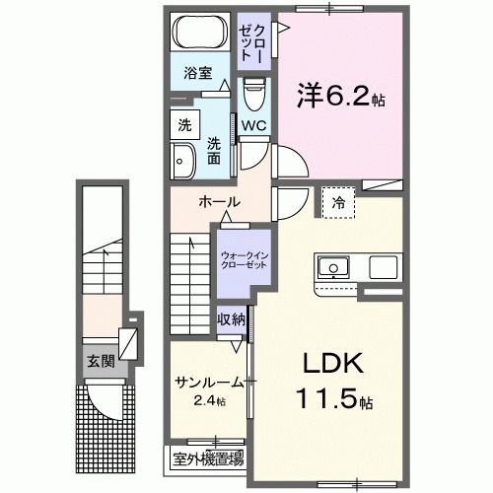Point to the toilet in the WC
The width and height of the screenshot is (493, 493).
pos(253,97)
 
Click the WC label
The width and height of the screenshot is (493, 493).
pos(253,125)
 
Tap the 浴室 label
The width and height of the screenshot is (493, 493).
pos(197,72)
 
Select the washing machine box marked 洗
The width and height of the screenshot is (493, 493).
pos(184,125)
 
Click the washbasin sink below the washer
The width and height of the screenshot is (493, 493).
pos(183,160)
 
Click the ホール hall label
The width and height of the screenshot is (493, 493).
pos(219,202)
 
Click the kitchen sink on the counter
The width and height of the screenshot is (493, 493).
pos(332,267)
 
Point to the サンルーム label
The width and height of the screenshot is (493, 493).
pos(208,383)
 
